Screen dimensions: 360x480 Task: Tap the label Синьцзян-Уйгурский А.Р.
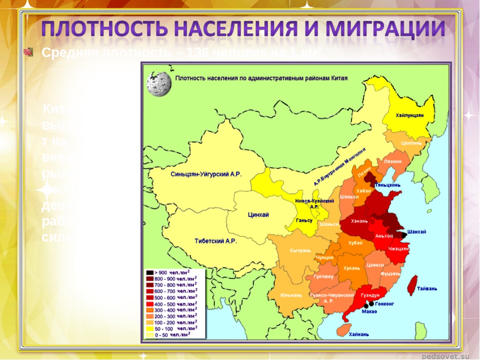tap(206, 175)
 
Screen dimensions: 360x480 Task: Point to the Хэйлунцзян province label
tap(410, 115)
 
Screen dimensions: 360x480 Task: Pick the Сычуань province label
tap(300, 250)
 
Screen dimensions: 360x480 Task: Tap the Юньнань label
tap(291, 294)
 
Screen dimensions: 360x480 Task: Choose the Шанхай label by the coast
tap(417, 232)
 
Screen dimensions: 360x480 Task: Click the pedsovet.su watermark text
tap(444, 355)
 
